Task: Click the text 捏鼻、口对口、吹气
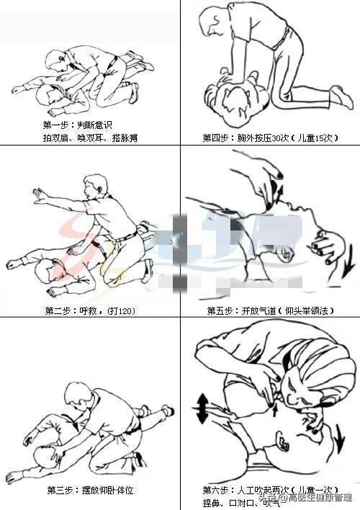234,502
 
